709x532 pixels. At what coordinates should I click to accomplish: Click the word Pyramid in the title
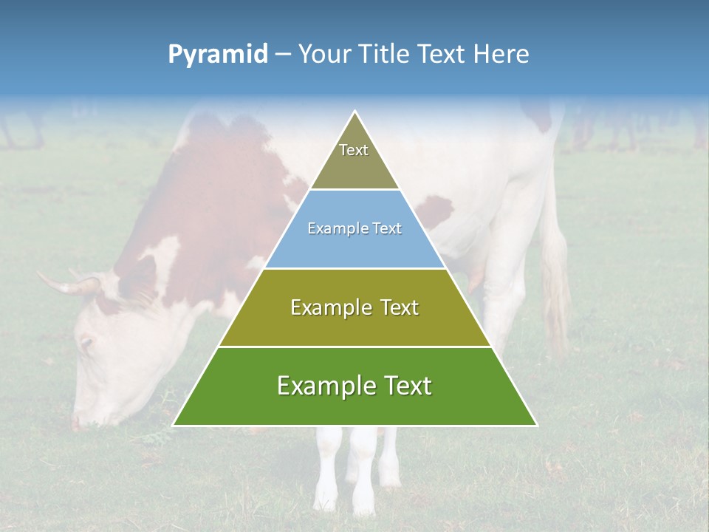pos(217,55)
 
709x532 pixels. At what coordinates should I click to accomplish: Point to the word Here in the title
pos(501,55)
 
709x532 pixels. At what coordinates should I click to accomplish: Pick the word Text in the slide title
pos(443,55)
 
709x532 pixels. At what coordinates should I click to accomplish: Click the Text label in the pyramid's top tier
pos(354,150)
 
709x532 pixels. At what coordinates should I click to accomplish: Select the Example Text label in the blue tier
pos(354,229)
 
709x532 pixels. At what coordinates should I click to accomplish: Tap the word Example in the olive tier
pos(329,307)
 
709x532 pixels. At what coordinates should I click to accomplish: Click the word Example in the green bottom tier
pos(322,386)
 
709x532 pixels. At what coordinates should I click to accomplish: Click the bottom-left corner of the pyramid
pos(174,425)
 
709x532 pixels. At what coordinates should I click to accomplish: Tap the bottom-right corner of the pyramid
pos(536,425)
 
